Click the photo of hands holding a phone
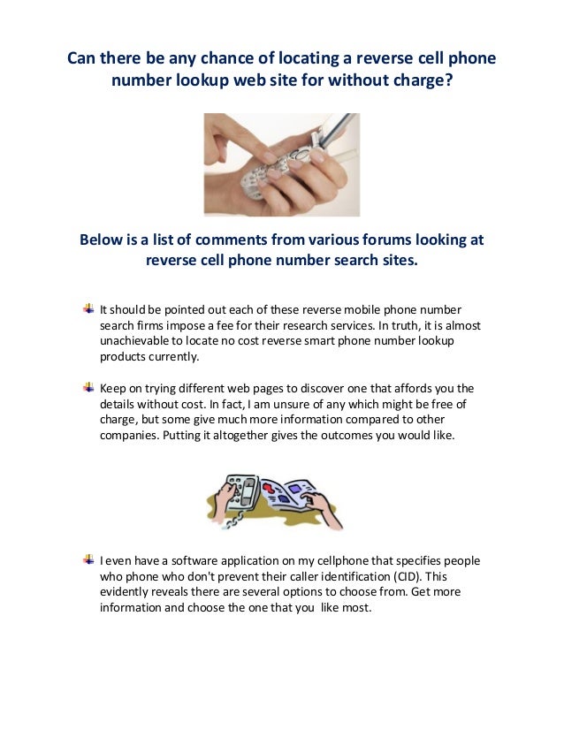point(281,163)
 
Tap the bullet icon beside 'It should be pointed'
point(88,308)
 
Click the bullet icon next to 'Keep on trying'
point(88,386)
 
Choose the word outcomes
point(335,435)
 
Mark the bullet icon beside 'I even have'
point(88,559)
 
